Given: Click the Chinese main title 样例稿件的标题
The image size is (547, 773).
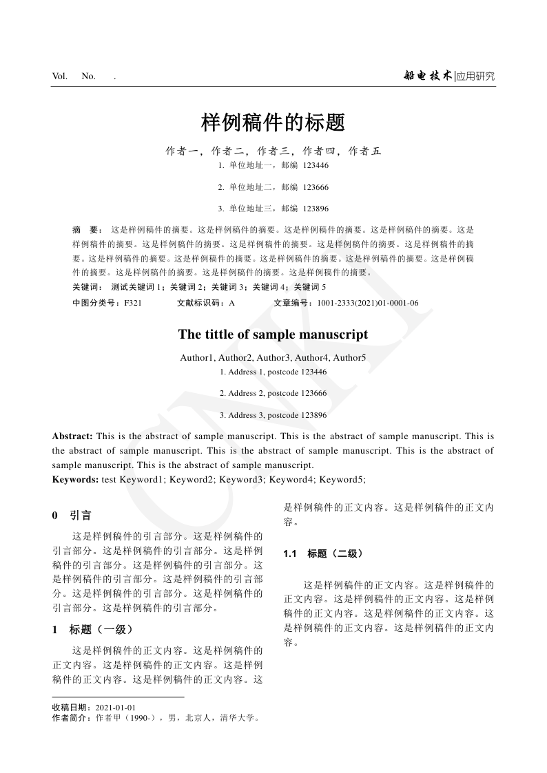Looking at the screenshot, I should (x=273, y=123).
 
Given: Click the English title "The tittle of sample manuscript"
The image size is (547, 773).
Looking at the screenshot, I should (x=273, y=335).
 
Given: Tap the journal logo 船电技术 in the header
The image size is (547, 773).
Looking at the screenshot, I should (x=428, y=76).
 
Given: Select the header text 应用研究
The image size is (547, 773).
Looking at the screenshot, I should (x=475, y=76).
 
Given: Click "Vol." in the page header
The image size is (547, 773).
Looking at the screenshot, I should (x=60, y=76).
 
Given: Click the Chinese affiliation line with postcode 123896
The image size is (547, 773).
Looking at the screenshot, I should (x=273, y=208).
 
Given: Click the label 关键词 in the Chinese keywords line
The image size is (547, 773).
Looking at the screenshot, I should (x=87, y=286).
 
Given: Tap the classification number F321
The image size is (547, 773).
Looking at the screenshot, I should (x=133, y=303).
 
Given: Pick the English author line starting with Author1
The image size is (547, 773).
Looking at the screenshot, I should (x=273, y=357).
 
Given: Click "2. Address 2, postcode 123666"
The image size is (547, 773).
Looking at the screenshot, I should (x=273, y=393).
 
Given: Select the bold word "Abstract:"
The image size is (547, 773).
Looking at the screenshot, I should (x=72, y=436).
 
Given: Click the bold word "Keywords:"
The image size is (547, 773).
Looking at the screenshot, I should (x=75, y=479).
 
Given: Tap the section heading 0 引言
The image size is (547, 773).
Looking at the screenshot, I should (x=72, y=515).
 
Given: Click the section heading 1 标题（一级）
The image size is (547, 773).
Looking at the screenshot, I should (x=92, y=629).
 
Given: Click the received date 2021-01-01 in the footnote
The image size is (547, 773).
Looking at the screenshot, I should (x=116, y=708).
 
